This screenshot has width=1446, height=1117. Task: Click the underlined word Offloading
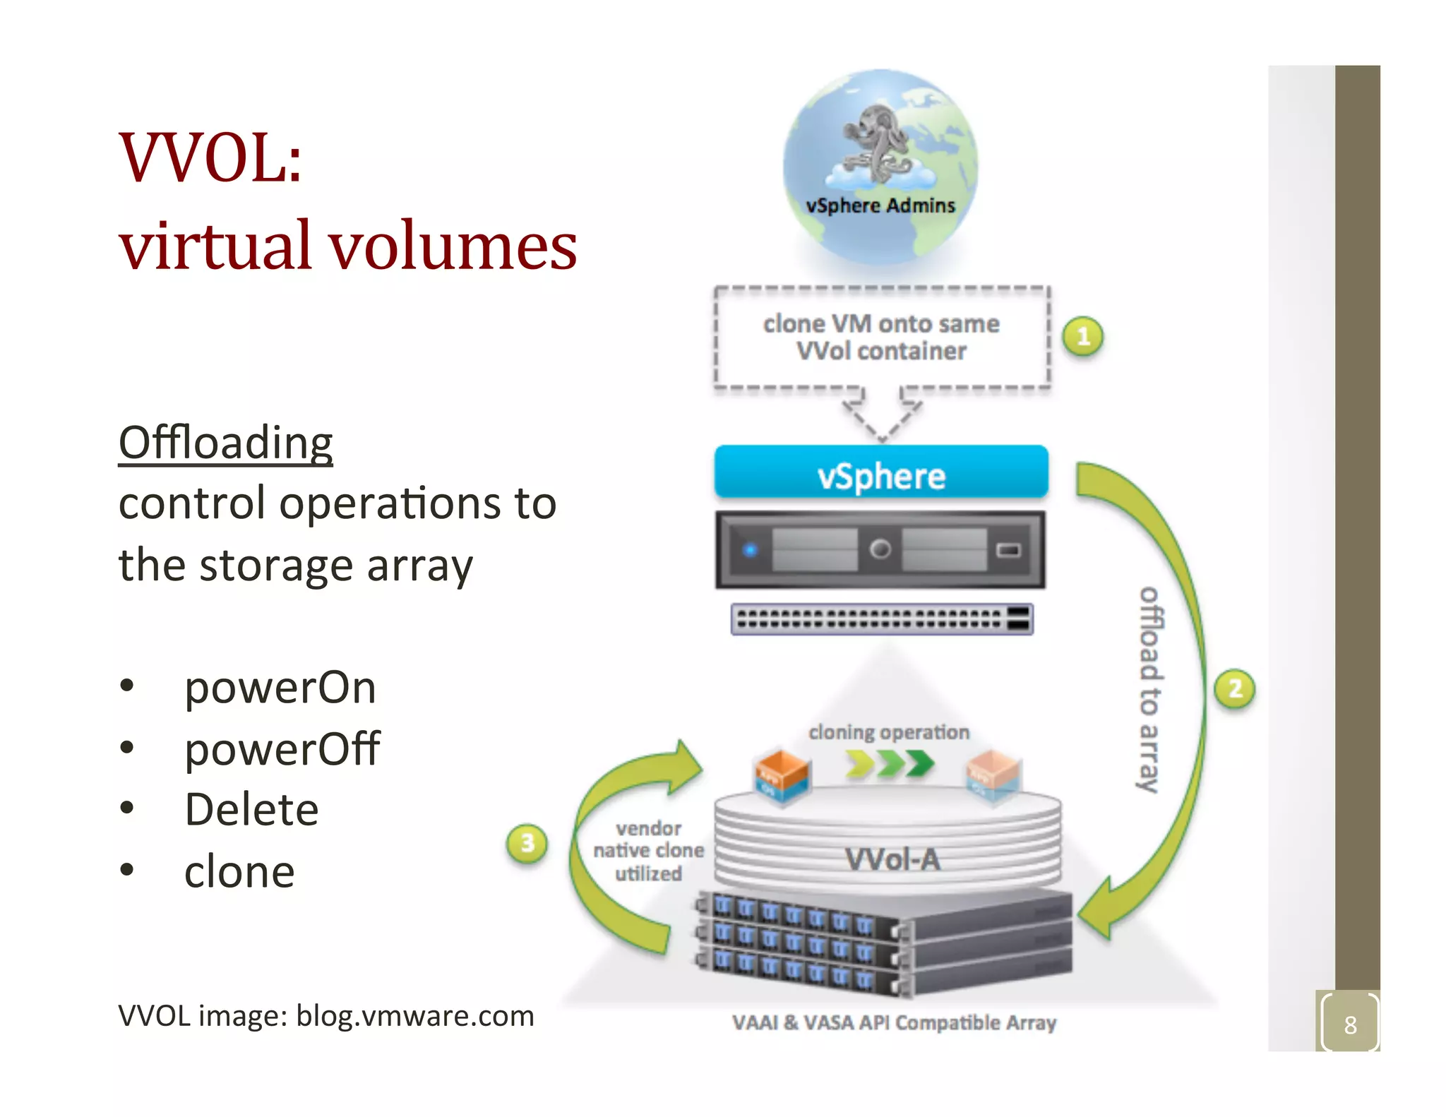tap(225, 443)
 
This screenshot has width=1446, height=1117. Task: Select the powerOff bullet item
tap(282, 748)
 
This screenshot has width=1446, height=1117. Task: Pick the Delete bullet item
tap(251, 809)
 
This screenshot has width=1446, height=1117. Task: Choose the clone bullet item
tap(239, 871)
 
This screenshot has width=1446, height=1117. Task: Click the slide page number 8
tap(1349, 1024)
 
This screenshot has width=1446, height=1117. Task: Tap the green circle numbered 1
tap(1083, 337)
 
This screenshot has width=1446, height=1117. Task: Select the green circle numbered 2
tap(1234, 688)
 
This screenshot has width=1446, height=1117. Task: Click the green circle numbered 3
tap(527, 843)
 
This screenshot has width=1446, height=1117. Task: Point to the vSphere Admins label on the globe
tap(880, 205)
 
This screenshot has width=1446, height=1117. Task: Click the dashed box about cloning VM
tap(881, 338)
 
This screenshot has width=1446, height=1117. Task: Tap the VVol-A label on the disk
tap(892, 859)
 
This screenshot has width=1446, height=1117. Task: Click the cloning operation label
tap(888, 732)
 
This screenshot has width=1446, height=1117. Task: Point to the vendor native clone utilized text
tap(648, 851)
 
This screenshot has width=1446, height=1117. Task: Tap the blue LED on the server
tap(750, 549)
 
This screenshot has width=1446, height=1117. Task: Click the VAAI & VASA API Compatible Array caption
tap(894, 1022)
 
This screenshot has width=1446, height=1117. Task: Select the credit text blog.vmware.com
tap(414, 1016)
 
